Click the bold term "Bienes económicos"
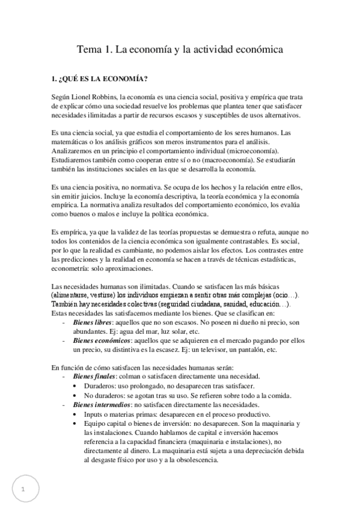pos(99,340)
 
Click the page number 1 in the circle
pos(23,489)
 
